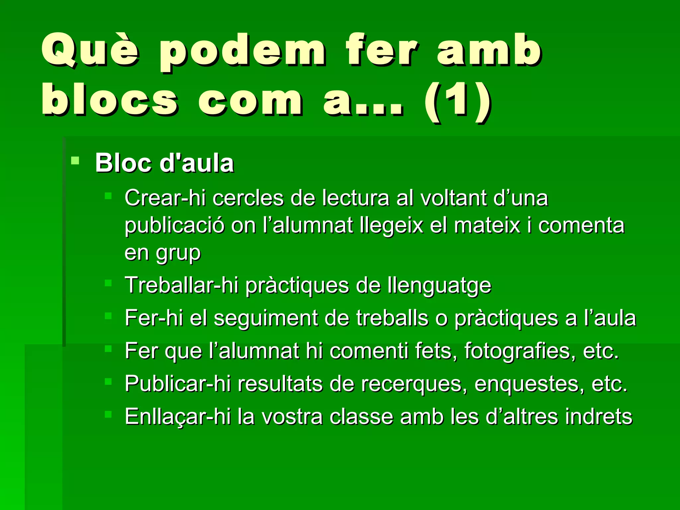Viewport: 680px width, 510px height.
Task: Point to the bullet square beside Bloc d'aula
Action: [x=75, y=161]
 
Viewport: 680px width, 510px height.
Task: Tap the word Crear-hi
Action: [x=165, y=198]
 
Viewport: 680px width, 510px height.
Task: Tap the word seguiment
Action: [x=266, y=318]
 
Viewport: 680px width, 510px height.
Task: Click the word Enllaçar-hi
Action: [x=178, y=417]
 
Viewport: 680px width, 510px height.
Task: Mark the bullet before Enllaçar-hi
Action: [x=108, y=414]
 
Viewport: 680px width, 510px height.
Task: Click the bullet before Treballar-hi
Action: [x=108, y=283]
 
